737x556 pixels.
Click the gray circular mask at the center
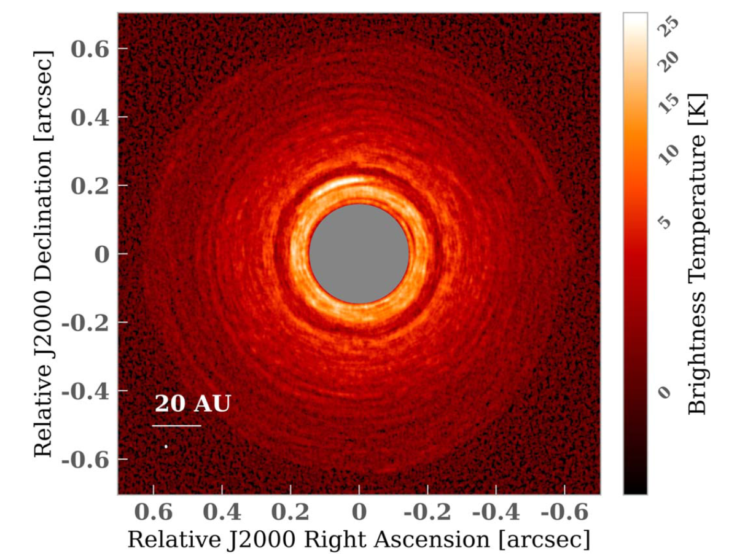click(359, 254)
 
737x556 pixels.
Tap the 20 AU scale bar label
click(192, 404)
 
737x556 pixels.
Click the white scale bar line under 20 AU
click(176, 425)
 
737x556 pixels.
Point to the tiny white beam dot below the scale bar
click(166, 446)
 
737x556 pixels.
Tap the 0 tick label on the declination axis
click(102, 254)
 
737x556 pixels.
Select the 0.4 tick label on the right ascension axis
click(222, 511)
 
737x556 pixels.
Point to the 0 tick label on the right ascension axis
click(359, 511)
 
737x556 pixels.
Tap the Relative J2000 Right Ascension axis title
click(359, 538)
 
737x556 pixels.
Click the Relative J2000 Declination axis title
click(43, 254)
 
